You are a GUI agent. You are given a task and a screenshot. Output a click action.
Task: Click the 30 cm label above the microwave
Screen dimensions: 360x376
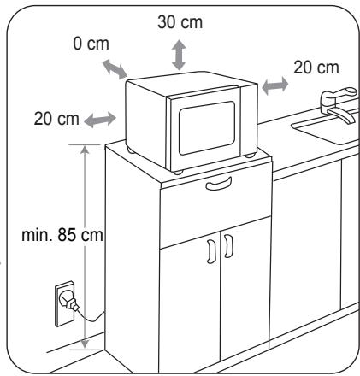180,22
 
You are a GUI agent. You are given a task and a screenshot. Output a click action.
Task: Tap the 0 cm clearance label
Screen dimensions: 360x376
91,44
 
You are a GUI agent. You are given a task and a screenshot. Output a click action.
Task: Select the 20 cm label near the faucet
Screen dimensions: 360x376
316,68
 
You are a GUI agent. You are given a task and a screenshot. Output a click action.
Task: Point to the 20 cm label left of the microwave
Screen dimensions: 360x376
56,119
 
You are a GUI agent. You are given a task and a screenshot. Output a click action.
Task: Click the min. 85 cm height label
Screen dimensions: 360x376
62,235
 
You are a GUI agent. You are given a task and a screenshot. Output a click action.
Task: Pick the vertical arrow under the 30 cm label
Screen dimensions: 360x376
179,55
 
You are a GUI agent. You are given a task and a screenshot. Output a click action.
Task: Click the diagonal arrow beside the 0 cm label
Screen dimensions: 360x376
115,69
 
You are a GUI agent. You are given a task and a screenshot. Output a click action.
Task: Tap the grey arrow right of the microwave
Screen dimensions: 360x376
275,85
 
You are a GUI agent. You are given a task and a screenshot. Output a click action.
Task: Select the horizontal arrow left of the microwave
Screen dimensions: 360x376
100,120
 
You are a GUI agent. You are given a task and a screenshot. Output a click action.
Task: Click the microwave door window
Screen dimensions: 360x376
207,128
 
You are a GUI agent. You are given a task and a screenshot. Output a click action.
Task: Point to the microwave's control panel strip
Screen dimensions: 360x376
249,120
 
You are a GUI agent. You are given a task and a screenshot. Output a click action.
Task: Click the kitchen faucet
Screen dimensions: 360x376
339,104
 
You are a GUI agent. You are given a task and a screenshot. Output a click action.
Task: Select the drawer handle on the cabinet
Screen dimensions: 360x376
219,184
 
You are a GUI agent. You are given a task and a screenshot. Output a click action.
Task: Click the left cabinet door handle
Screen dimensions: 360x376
211,251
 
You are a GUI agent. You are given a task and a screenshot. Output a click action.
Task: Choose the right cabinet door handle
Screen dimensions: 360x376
228,246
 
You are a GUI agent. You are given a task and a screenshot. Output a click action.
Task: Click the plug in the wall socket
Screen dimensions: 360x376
68,303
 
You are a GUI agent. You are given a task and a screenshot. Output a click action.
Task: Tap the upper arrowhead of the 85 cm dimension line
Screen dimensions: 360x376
85,150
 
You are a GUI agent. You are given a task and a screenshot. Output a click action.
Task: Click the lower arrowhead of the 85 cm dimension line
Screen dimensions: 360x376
85,344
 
